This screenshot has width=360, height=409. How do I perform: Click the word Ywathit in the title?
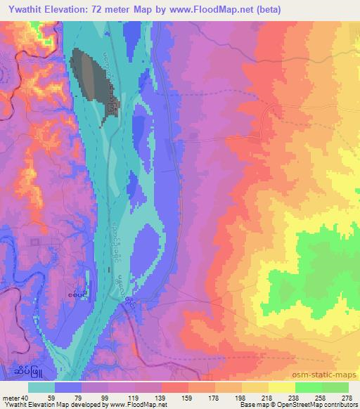25,10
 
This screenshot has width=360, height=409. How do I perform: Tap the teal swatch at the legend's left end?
41,387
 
